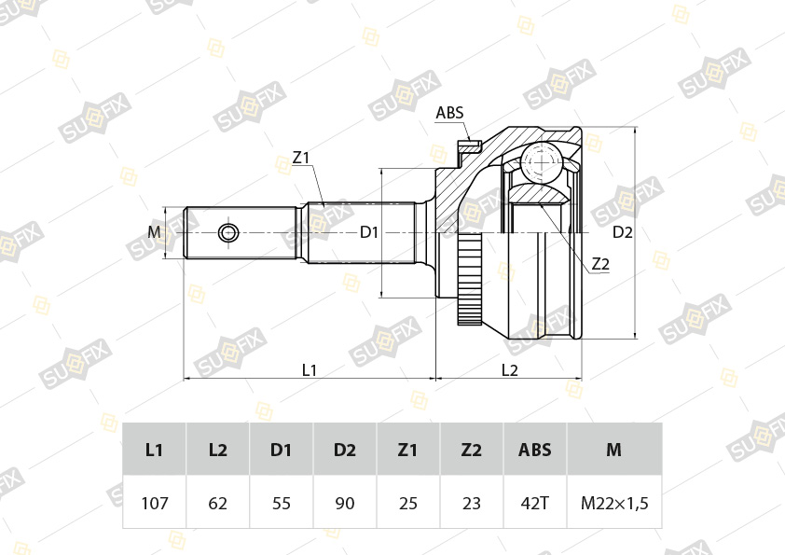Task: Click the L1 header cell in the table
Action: [x=155, y=450]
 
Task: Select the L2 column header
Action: [x=218, y=450]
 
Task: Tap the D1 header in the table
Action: [x=282, y=450]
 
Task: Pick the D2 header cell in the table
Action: [x=345, y=450]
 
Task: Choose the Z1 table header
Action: [x=408, y=450]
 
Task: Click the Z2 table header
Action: [x=472, y=450]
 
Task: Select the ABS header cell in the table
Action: [x=535, y=450]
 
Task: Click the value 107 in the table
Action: [x=155, y=504]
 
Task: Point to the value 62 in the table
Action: [x=218, y=504]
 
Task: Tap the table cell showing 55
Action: [x=282, y=504]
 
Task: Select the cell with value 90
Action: [x=345, y=504]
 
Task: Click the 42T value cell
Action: [x=535, y=504]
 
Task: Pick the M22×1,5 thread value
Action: [x=614, y=504]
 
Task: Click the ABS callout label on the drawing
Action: [x=449, y=114]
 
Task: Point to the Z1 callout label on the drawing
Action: [x=300, y=159]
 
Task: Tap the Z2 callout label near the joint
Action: [x=600, y=265]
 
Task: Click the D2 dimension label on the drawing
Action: [x=623, y=232]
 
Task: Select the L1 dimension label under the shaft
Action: [x=310, y=369]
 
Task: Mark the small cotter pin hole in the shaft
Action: [x=228, y=232]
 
